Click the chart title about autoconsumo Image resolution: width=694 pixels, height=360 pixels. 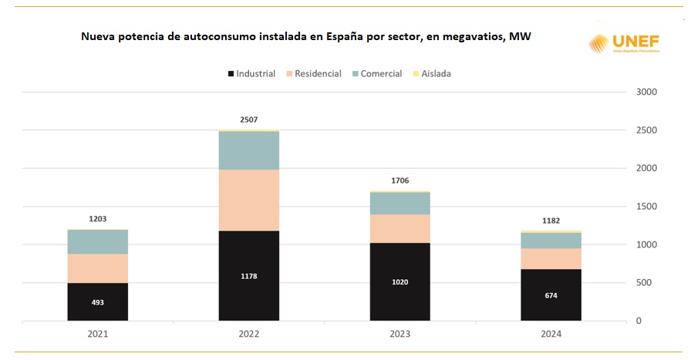coord(306,37)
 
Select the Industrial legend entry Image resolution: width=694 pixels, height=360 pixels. coord(251,74)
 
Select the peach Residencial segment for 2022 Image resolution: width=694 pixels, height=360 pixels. coord(248,200)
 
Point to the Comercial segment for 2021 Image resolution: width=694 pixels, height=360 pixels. coord(98,242)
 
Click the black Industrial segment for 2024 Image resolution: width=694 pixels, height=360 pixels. coord(551,294)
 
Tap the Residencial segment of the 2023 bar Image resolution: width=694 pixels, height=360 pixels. coord(399,228)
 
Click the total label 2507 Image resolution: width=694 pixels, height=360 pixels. coord(248,119)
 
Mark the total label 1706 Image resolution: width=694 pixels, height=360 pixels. coord(399,180)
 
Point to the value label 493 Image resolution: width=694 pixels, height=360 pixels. coord(98,302)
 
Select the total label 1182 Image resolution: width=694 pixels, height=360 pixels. coord(551,220)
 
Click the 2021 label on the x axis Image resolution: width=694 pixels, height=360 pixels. coord(98,334)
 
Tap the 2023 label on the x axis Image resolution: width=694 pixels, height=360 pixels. coord(399,334)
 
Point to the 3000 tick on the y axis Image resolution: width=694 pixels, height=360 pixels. coord(646,92)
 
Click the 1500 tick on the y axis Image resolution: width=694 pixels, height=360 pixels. coord(646,207)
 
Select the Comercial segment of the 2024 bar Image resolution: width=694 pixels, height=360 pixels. coord(551,241)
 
